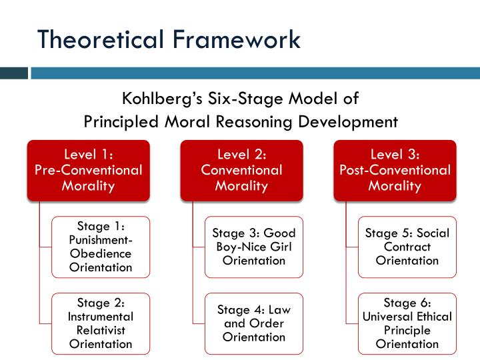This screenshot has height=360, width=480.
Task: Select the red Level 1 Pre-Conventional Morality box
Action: click(x=88, y=170)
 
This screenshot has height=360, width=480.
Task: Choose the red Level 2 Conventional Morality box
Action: click(x=241, y=170)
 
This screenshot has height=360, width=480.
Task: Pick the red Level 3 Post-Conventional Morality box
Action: click(x=395, y=170)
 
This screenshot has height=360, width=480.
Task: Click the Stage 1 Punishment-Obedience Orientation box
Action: click(x=101, y=247)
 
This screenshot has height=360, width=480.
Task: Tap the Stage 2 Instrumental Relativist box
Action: click(x=101, y=323)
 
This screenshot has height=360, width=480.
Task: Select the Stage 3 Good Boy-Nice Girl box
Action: click(x=254, y=247)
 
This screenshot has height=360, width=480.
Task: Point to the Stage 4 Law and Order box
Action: click(x=254, y=323)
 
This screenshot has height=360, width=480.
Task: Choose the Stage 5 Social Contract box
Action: click(x=407, y=247)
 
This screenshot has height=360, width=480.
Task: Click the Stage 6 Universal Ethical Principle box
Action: click(x=407, y=323)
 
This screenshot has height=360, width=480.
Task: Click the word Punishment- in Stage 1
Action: click(x=101, y=240)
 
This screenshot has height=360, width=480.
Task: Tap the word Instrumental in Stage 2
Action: click(x=101, y=317)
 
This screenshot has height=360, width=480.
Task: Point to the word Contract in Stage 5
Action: click(x=407, y=247)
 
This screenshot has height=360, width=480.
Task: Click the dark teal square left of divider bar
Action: click(x=14, y=73)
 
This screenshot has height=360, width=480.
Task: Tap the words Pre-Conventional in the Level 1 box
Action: click(x=88, y=170)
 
